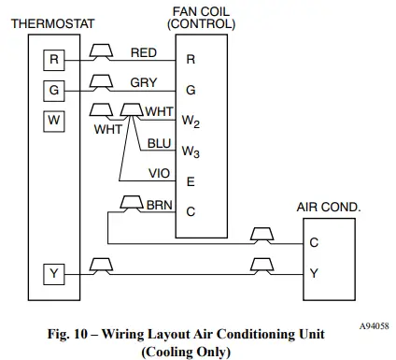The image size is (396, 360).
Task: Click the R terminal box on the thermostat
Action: pyautogui.click(x=55, y=61)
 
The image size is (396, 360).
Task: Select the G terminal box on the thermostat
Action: pyautogui.click(x=55, y=91)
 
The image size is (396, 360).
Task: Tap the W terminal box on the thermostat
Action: pyautogui.click(x=55, y=121)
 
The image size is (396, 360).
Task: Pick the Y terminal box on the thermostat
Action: pyautogui.click(x=55, y=274)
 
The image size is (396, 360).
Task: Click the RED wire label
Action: pyautogui.click(x=144, y=52)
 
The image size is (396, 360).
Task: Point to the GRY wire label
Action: pyautogui.click(x=143, y=82)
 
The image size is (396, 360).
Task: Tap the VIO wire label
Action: pyautogui.click(x=160, y=173)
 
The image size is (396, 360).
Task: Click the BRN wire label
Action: pyautogui.click(x=160, y=203)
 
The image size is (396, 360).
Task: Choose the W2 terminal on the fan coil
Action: pyautogui.click(x=191, y=122)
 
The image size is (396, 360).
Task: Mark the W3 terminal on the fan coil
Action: pyautogui.click(x=191, y=151)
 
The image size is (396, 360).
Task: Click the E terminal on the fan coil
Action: pyautogui.click(x=191, y=181)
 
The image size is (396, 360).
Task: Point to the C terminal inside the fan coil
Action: pyautogui.click(x=191, y=211)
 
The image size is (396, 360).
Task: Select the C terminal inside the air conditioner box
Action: pyautogui.click(x=314, y=242)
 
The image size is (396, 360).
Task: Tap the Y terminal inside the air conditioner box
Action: pyautogui.click(x=314, y=273)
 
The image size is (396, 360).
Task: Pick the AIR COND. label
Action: pyautogui.click(x=328, y=207)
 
